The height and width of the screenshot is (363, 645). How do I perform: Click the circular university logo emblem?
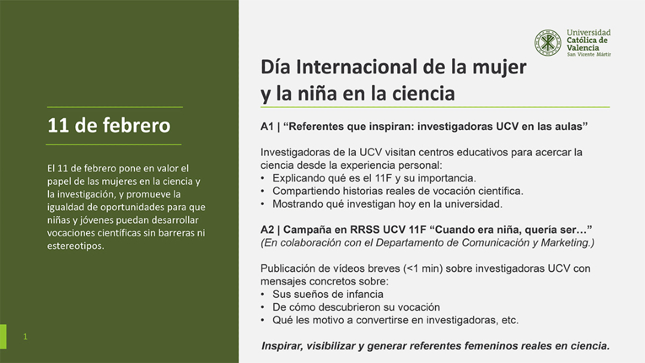[548, 43]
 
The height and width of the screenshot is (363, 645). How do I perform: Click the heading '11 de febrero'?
[109, 126]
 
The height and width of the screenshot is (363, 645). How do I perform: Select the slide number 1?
[25, 337]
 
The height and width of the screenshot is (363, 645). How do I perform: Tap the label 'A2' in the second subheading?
[267, 230]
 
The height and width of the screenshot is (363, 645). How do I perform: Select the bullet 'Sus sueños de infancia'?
[328, 294]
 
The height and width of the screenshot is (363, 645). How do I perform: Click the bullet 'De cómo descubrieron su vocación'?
[356, 307]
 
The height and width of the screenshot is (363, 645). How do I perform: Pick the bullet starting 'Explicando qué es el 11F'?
[374, 178]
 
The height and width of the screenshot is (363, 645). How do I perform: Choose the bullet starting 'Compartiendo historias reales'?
[398, 191]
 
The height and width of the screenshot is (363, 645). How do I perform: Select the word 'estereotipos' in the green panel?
[76, 246]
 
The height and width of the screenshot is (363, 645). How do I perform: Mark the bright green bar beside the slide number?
[3, 337]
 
